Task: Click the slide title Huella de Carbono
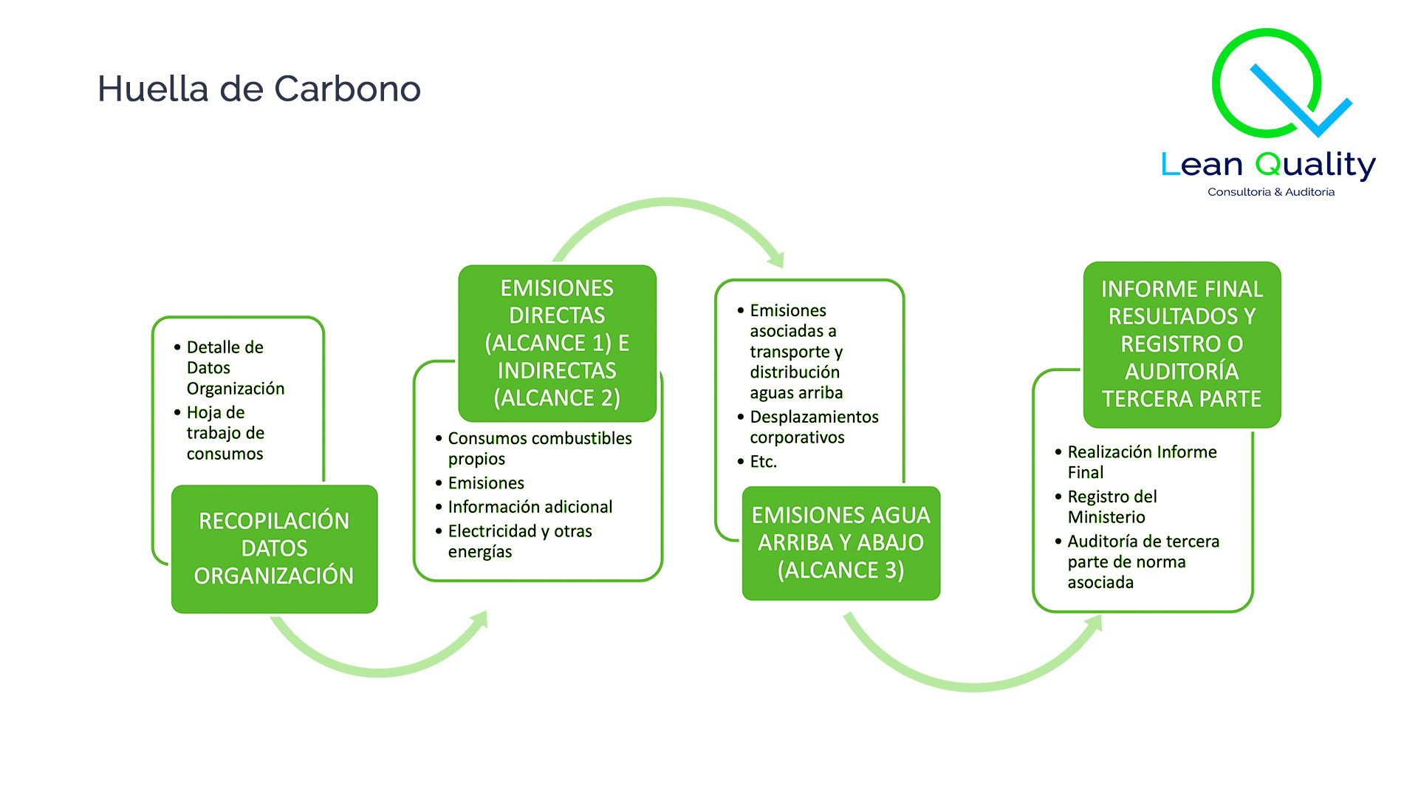pos(259,89)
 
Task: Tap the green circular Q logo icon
pos(1267,83)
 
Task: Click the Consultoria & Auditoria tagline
pos(1270,192)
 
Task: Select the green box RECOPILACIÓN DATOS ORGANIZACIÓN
pos(274,548)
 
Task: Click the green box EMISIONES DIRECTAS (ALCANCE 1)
pos(557,343)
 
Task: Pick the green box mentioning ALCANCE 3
pos(840,542)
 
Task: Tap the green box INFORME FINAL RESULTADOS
pos(1182,344)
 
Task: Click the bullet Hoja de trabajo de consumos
pos(225,433)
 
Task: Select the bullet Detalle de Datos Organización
pos(234,368)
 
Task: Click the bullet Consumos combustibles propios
pos(539,449)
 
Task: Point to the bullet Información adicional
pos(530,507)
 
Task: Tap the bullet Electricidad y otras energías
pos(519,541)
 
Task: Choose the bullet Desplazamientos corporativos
pos(813,427)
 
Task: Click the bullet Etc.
pos(763,462)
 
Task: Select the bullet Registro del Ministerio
pos(1112,507)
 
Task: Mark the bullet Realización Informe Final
pos(1141,462)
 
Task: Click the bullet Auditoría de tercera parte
pos(1143,562)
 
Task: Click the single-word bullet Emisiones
pos(485,483)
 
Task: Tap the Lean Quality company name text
pos(1268,165)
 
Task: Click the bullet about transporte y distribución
pos(796,352)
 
